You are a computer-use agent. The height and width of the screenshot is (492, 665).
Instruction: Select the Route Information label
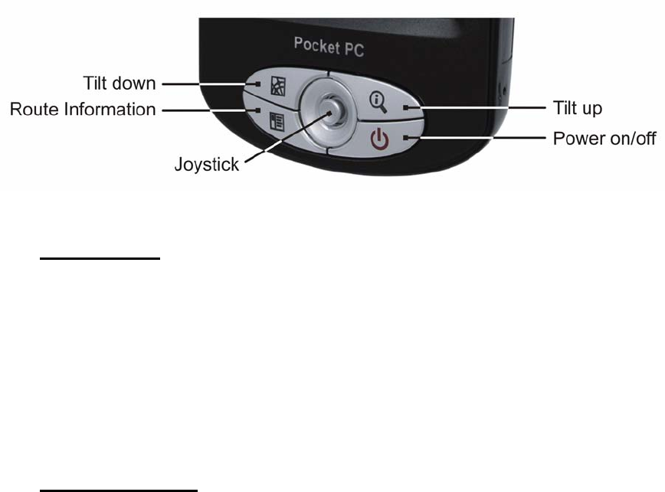83,110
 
